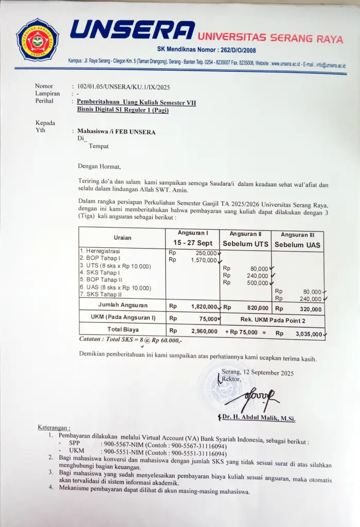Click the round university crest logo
(x=37, y=40)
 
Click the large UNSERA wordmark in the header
(x=132, y=30)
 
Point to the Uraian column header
(x=123, y=238)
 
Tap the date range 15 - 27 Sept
(x=192, y=243)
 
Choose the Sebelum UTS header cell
(x=245, y=244)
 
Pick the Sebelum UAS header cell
(x=297, y=244)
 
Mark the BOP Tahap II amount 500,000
(x=258, y=283)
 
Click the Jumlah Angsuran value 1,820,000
(x=204, y=307)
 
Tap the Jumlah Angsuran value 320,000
(x=311, y=309)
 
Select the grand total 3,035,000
(x=308, y=333)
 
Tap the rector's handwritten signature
(x=252, y=397)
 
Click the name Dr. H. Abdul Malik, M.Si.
(x=259, y=419)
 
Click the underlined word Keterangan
(x=54, y=428)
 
